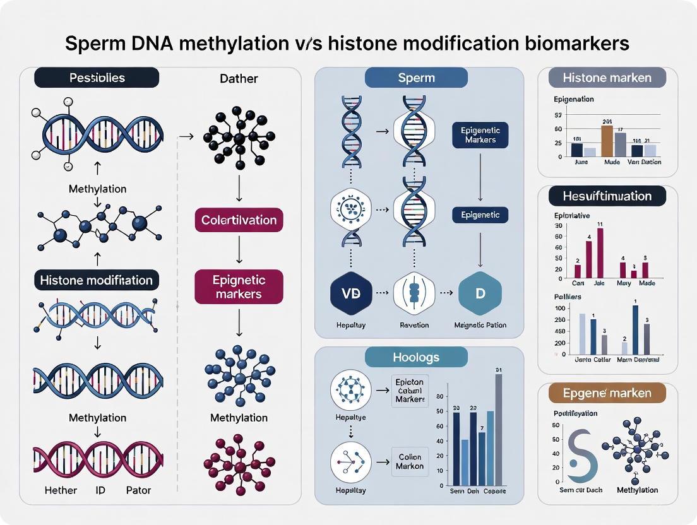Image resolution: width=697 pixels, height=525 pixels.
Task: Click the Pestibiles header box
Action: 97,78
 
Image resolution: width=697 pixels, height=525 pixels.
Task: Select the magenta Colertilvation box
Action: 239,220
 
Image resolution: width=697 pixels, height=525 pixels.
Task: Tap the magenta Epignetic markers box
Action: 239,287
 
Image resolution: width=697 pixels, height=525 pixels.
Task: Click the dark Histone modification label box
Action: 96,280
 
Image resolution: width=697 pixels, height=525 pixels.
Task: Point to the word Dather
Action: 239,79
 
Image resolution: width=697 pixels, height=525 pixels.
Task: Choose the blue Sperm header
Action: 416,78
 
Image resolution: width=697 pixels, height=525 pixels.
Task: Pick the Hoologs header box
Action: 416,357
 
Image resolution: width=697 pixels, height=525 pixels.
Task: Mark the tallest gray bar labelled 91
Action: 498,428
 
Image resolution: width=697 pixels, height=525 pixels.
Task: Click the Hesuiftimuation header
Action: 607,196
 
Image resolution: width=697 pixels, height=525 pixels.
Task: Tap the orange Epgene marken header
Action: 607,393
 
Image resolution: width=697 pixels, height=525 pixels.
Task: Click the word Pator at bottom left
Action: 139,490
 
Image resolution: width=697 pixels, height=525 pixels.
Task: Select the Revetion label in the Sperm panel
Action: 414,325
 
